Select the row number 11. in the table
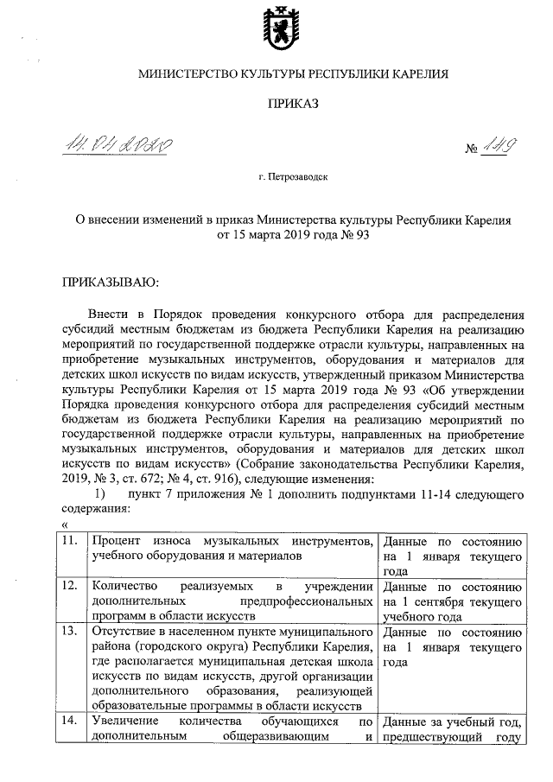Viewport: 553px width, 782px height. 73,540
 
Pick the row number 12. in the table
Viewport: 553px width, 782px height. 73,585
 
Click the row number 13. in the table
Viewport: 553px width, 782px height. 73,630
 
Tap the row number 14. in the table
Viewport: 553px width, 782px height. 73,721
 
